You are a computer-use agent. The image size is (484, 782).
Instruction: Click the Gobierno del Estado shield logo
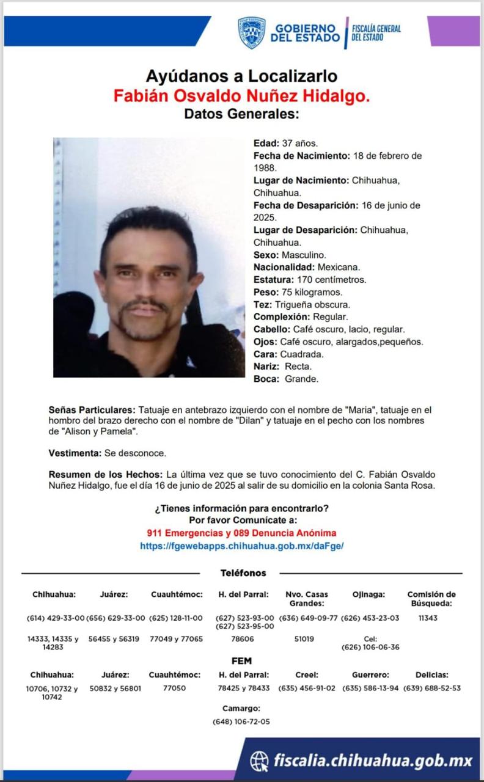click(251, 32)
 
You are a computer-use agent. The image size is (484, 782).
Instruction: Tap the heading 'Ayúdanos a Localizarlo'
click(241, 76)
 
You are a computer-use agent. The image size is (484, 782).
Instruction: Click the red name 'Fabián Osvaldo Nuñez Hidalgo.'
click(241, 95)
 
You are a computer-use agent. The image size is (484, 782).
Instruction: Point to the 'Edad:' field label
click(266, 143)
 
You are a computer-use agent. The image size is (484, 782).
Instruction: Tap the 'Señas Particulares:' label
click(92, 409)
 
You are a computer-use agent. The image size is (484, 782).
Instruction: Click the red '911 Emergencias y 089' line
click(241, 533)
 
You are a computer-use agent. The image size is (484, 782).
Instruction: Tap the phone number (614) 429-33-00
click(56, 618)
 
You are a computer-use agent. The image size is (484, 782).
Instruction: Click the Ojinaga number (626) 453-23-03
click(370, 618)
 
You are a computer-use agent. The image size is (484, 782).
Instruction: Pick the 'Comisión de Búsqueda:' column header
click(431, 599)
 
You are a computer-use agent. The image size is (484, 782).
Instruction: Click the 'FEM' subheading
click(241, 661)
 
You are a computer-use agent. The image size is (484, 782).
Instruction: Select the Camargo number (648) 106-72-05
click(241, 722)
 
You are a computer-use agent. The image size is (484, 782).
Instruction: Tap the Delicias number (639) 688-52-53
click(431, 687)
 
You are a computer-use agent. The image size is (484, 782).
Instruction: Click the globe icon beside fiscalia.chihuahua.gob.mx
click(259, 761)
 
